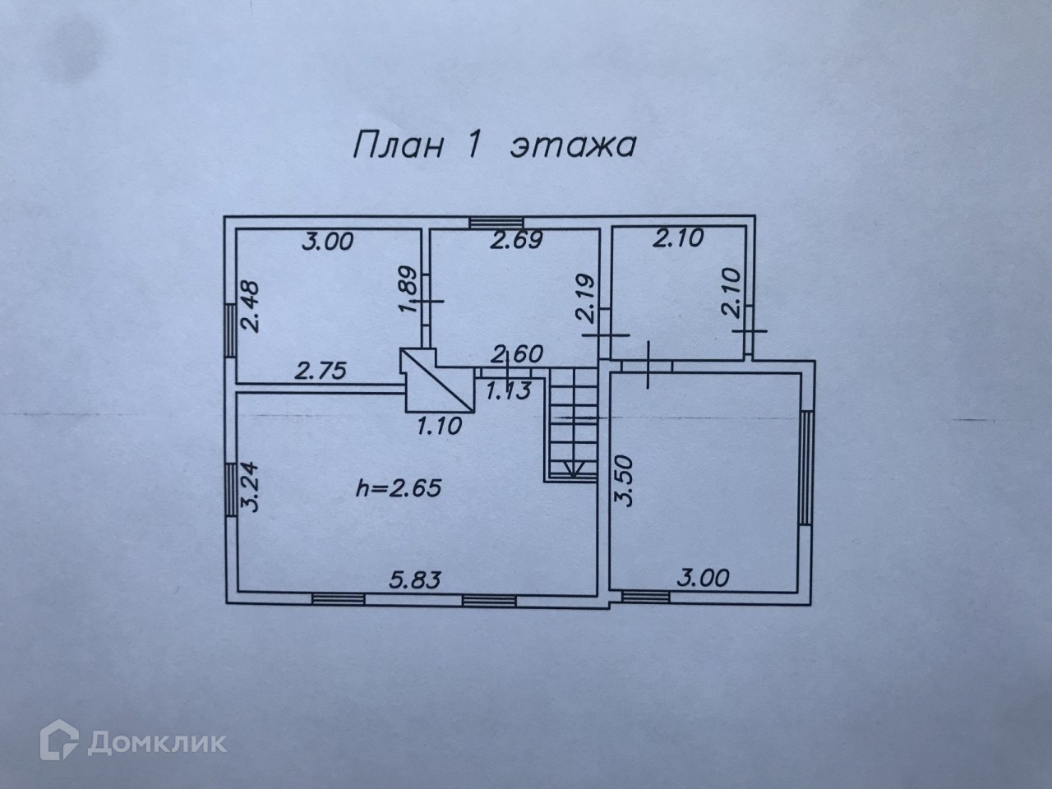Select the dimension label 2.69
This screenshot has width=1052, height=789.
point(515,241)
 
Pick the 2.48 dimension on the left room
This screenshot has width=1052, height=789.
point(251,307)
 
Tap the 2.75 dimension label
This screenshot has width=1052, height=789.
point(321,371)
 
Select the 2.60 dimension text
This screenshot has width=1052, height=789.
point(515,356)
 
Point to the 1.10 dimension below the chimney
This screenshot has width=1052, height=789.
point(441,425)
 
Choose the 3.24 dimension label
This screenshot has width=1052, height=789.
point(252,488)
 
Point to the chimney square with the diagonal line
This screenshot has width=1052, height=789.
point(439,381)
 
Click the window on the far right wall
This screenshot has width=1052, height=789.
point(808,467)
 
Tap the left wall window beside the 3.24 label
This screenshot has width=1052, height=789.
point(232,488)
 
